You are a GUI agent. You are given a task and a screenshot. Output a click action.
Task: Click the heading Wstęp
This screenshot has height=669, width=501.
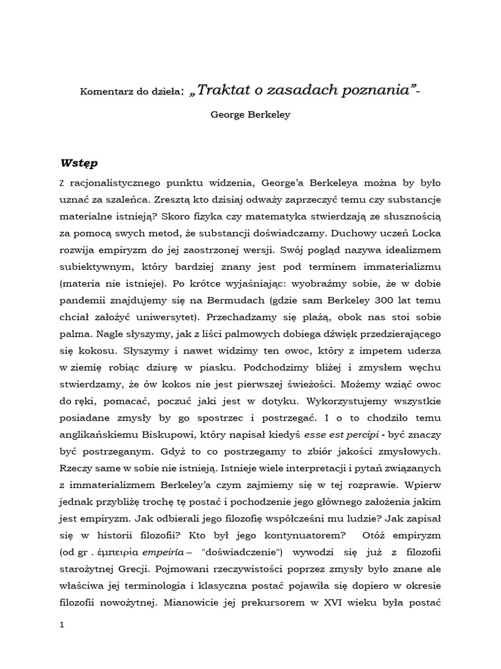(80, 162)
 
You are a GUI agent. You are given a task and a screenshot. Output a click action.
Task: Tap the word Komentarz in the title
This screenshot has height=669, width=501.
(104, 91)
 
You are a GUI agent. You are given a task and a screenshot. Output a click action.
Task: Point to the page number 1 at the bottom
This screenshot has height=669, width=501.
(61, 625)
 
